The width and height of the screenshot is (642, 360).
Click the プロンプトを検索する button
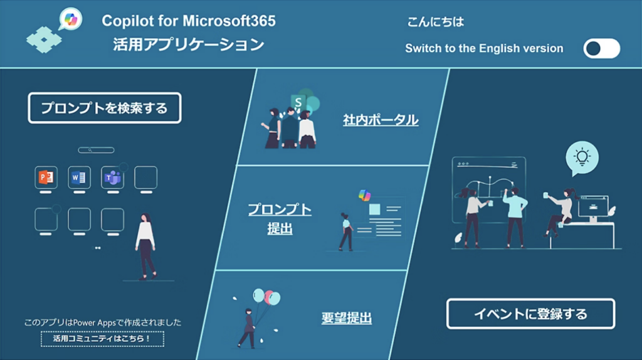[x=105, y=108]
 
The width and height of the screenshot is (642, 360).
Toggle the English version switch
[x=601, y=48]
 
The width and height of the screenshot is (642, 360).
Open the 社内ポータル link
[x=381, y=120]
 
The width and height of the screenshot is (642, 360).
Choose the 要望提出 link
[x=347, y=318]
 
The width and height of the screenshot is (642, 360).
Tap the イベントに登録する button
[x=530, y=314]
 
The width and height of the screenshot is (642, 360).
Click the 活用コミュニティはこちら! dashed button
[x=102, y=339]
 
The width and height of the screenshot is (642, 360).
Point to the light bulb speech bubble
[x=582, y=157]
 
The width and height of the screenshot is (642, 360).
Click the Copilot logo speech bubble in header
[x=70, y=20]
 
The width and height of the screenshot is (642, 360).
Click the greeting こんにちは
[x=436, y=22]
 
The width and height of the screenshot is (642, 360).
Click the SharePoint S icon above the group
[x=299, y=102]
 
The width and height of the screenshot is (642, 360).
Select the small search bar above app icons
[x=96, y=150]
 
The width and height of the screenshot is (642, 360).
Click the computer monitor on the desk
[x=592, y=207]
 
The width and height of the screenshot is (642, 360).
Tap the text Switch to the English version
[x=484, y=48]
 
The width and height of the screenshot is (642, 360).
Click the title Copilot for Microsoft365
[x=189, y=21]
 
